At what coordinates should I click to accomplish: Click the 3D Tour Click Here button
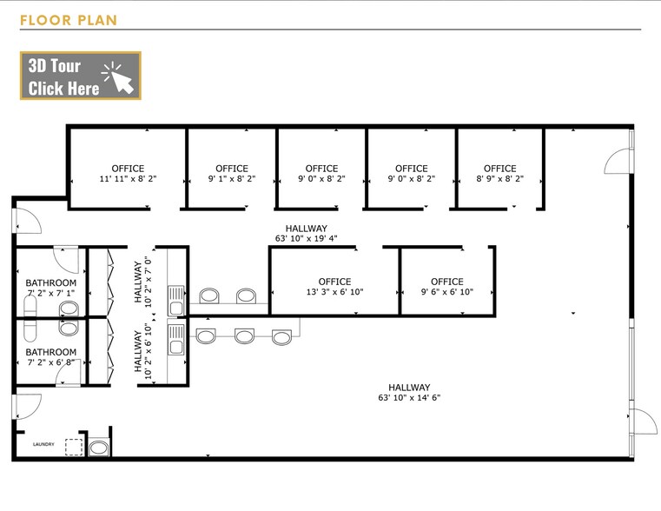[x=81, y=76]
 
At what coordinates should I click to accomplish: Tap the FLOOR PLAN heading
[x=69, y=20]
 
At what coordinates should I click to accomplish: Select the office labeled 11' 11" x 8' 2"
[x=128, y=174]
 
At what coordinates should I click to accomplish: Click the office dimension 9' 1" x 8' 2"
[x=232, y=179]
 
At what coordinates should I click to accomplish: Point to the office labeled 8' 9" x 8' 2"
[x=500, y=174]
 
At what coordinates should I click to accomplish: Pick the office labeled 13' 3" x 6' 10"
[x=334, y=287]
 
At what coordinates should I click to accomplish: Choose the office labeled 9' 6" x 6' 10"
[x=446, y=287]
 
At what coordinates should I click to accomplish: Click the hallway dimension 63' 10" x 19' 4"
[x=306, y=239]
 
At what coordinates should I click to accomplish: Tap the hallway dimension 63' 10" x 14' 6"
[x=409, y=397]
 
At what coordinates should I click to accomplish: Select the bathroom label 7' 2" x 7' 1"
[x=51, y=293]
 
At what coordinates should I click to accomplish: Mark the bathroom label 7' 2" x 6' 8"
[x=51, y=362]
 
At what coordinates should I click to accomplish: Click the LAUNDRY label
[x=43, y=444]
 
